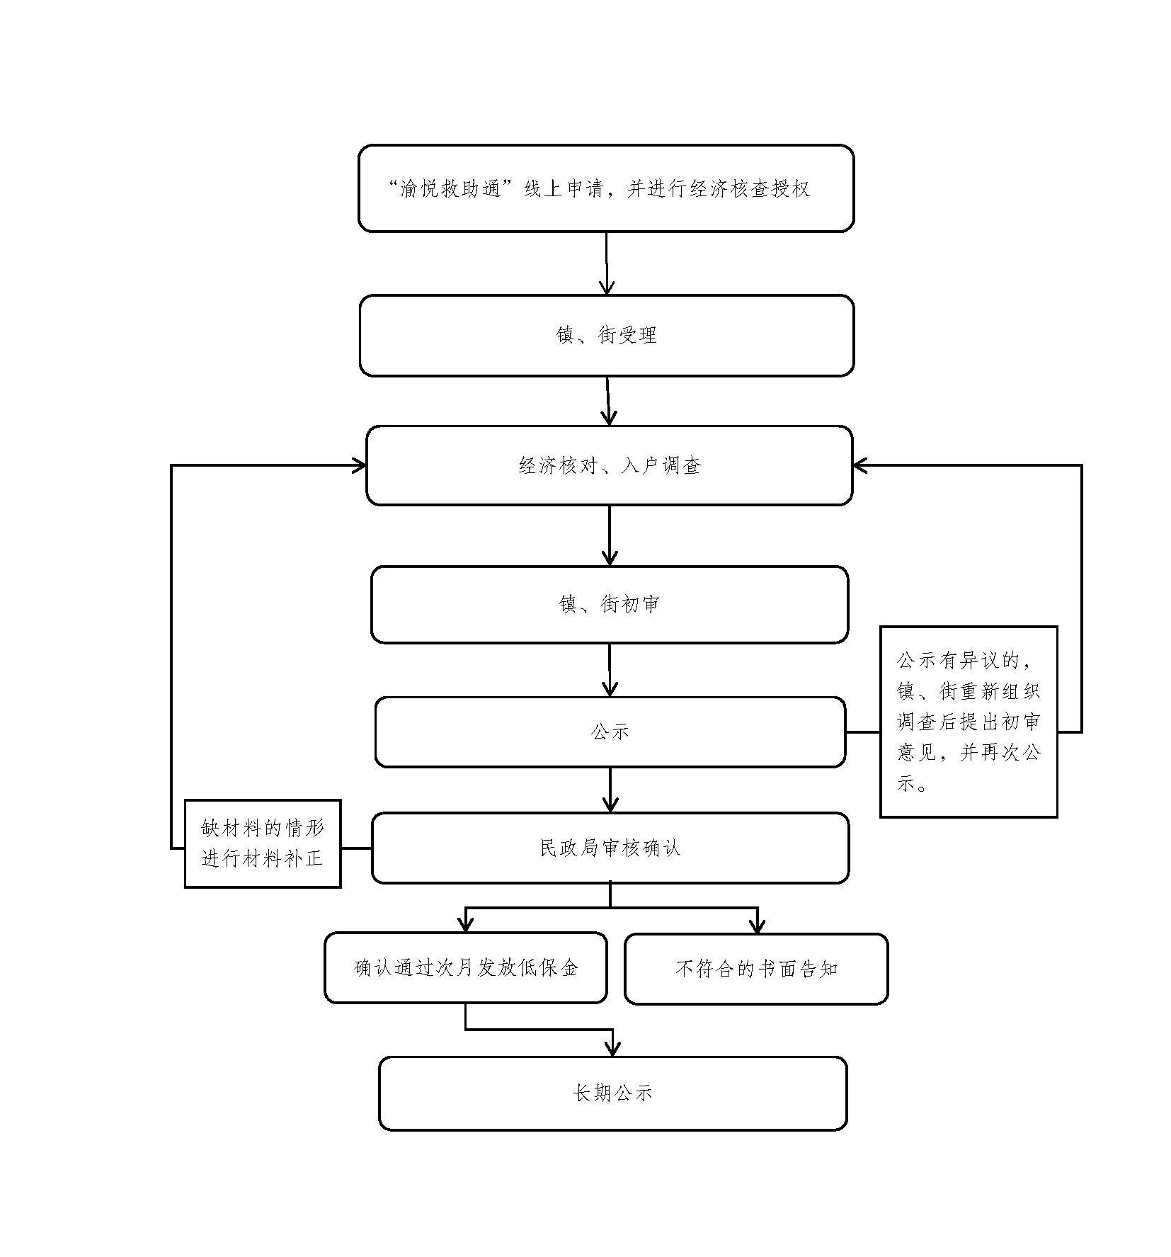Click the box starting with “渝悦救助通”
coord(605,188)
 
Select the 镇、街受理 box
coord(606,335)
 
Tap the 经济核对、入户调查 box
coord(609,465)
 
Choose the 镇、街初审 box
coord(609,604)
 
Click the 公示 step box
coord(610,732)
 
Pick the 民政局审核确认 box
coord(610,848)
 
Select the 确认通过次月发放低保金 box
coord(465,967)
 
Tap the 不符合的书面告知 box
coord(755,968)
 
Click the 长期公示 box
coord(612,1093)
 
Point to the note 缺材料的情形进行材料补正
coord(263,843)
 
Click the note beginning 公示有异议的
coord(968,722)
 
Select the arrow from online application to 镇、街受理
coord(606,263)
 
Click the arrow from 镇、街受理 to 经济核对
coord(608,401)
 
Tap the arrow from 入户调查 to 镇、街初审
coord(610,535)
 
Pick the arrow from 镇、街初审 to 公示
coord(610,670)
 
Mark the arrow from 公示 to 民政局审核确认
coord(610,790)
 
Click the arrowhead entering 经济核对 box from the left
coord(359,465)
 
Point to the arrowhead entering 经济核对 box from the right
coord(861,465)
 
